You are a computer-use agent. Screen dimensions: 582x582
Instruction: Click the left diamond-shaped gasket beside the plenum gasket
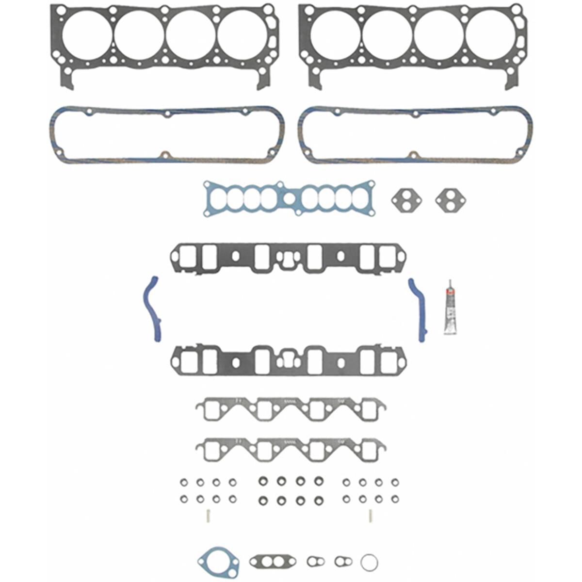pyautogui.click(x=406, y=199)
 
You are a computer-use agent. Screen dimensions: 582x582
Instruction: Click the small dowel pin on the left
pyautogui.click(x=206, y=515)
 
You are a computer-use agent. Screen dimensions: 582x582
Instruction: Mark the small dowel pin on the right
pyautogui.click(x=370, y=516)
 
